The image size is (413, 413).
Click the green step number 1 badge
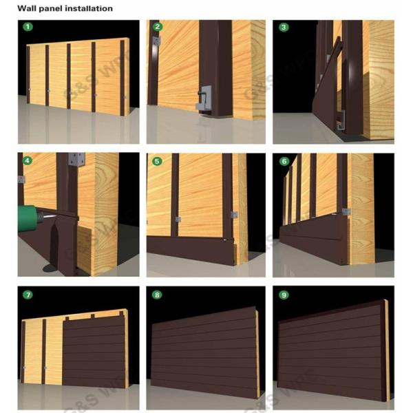28,28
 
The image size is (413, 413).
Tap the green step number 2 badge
158,28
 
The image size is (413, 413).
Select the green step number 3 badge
284,28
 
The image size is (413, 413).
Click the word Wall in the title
28,9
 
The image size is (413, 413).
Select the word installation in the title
90,9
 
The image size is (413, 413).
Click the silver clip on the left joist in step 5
177,219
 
